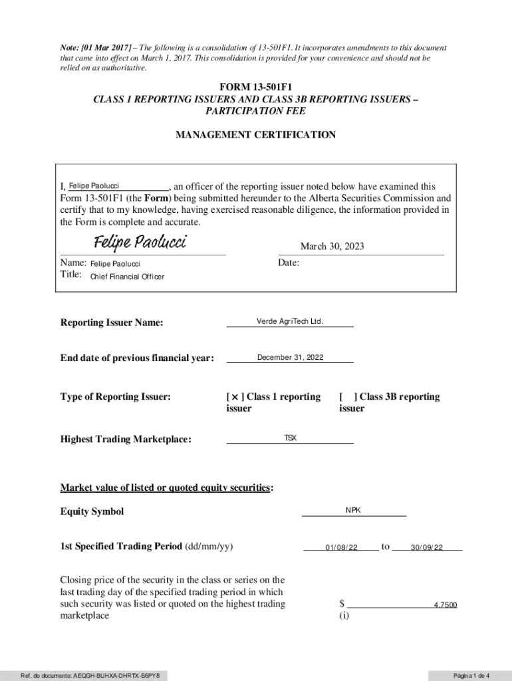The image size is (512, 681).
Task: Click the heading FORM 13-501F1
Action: (255, 88)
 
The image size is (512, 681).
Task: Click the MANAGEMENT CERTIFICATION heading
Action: (255, 135)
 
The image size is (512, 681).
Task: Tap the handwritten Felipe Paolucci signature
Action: (140, 241)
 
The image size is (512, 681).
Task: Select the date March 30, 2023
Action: (332, 247)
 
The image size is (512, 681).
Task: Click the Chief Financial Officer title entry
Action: (127, 277)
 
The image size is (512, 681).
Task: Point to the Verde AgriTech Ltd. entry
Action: (290, 321)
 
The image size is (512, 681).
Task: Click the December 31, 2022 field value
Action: (290, 357)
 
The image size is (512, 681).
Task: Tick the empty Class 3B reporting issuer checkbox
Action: (347, 397)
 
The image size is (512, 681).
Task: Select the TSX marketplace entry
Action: (291, 438)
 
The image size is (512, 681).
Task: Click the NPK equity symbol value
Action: (353, 510)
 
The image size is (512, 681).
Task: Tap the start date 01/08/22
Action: (342, 547)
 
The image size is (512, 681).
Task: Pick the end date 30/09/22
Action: (426, 547)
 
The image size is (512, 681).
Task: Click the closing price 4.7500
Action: (445, 605)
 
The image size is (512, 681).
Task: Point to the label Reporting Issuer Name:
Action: (112, 323)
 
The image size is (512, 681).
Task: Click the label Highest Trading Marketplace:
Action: (126, 439)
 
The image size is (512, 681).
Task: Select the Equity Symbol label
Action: (92, 511)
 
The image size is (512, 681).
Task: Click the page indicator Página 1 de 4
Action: (471, 676)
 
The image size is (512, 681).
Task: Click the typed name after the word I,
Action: (94, 186)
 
